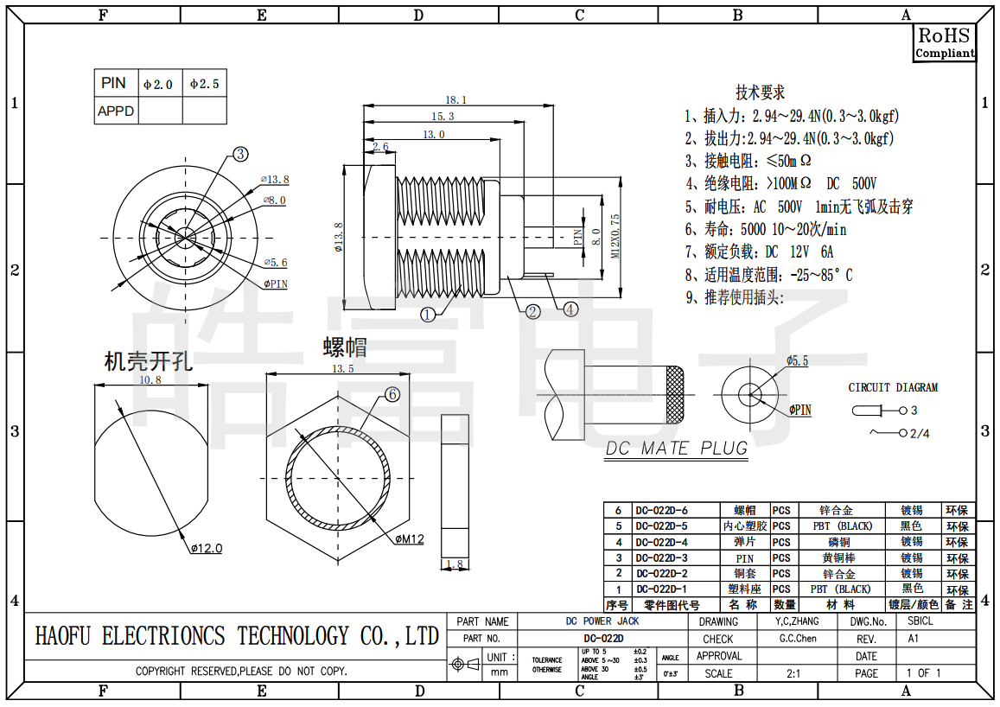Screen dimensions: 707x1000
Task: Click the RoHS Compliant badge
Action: (945, 42)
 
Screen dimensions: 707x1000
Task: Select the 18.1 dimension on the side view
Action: (455, 99)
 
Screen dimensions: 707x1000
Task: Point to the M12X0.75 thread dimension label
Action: (615, 236)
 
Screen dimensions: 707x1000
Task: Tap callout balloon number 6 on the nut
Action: (392, 394)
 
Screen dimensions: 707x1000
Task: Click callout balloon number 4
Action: (570, 309)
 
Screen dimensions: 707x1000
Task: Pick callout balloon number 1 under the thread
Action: (428, 315)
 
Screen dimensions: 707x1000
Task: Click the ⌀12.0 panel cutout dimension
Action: (206, 548)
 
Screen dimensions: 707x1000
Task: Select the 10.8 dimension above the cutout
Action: (150, 379)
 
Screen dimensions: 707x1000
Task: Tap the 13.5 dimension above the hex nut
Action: (343, 369)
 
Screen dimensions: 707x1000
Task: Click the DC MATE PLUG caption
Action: (676, 449)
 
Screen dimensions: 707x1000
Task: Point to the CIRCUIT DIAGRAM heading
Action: (892, 387)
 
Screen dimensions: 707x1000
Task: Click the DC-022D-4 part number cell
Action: (661, 542)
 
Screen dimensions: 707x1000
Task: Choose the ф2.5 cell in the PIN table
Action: (205, 84)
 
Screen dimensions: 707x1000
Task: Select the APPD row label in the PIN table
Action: (116, 111)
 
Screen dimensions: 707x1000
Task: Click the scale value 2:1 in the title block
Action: (793, 673)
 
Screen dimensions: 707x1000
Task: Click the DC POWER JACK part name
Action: (602, 621)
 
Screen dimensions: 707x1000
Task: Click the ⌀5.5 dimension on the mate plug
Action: (797, 360)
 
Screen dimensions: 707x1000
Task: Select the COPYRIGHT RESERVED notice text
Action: (241, 671)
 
